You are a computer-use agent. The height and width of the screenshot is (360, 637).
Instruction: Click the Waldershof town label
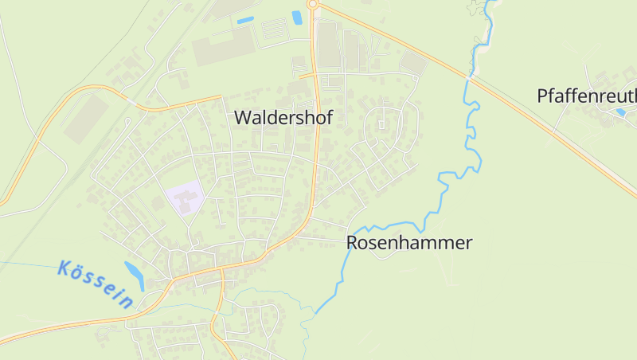tap(283, 116)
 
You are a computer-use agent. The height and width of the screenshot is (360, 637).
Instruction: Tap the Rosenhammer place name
tap(409, 243)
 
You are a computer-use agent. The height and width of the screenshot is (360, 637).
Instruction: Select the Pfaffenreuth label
tap(588, 96)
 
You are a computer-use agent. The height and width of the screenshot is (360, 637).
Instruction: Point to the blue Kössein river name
tap(96, 284)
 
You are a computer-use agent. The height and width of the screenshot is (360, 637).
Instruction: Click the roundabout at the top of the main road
tap(312, 4)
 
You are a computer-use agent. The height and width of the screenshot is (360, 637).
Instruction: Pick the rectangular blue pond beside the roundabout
tap(297, 17)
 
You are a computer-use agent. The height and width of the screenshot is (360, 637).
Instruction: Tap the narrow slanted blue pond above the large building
tap(245, 19)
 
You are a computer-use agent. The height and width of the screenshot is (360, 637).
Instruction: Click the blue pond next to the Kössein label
tap(135, 276)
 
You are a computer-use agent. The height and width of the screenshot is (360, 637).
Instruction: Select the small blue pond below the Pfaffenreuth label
tap(620, 112)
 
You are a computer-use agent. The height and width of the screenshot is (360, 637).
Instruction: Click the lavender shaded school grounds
tap(185, 196)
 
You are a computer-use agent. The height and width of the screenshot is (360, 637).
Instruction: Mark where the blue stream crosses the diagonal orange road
tap(471, 77)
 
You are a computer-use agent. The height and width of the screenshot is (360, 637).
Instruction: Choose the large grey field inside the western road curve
tap(85, 119)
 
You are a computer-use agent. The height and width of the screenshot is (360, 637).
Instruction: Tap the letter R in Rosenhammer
tap(352, 243)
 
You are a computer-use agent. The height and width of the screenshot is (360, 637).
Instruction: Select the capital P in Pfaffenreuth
tap(542, 96)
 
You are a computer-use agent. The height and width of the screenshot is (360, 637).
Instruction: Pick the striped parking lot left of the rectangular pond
tap(273, 29)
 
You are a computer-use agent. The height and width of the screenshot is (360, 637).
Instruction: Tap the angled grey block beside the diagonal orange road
tap(413, 61)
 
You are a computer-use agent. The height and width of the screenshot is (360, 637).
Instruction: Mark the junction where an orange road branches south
tap(222, 274)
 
